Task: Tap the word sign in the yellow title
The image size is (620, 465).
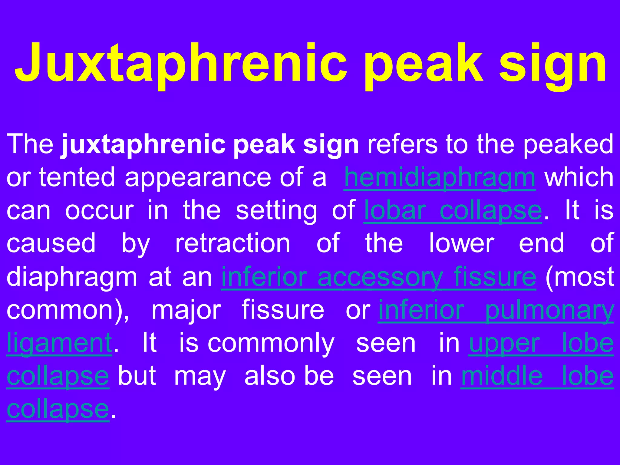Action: coord(553,65)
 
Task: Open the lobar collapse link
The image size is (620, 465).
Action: coord(453,211)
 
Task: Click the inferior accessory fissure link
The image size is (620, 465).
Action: coord(378,277)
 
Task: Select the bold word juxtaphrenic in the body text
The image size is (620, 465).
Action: coord(143,145)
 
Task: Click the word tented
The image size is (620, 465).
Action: coord(77,178)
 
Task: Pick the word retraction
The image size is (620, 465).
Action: coord(233,244)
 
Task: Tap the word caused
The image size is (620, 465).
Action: coord(51,244)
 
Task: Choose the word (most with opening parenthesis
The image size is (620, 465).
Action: coord(580,277)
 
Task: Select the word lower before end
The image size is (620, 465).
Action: coord(462,244)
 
